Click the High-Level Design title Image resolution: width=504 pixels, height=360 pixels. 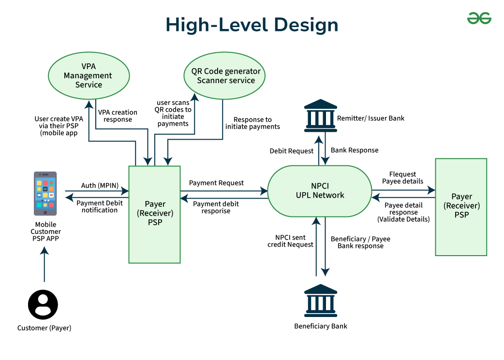click(x=252, y=25)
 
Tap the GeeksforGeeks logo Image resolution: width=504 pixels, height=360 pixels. click(x=479, y=18)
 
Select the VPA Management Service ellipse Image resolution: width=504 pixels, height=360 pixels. click(x=89, y=75)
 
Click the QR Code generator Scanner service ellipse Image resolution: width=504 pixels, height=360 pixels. click(x=225, y=76)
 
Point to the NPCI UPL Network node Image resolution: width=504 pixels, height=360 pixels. click(x=320, y=191)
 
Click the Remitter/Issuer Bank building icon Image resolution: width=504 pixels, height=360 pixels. click(x=321, y=116)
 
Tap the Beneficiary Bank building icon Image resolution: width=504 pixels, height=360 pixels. click(x=321, y=301)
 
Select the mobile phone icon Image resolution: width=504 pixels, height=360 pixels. click(x=45, y=193)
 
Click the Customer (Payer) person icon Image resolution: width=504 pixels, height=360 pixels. click(x=43, y=305)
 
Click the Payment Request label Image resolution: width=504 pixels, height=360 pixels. click(x=216, y=183)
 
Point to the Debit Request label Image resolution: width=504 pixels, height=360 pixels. click(x=291, y=151)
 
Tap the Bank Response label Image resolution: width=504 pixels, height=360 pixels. click(x=355, y=150)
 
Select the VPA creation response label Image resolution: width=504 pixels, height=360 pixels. click(x=118, y=116)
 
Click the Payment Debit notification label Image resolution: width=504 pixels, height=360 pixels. click(x=100, y=207)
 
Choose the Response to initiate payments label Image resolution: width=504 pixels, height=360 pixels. click(x=252, y=123)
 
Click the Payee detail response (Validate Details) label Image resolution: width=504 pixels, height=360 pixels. click(x=403, y=212)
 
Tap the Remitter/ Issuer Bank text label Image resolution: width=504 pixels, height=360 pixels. click(x=371, y=118)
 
